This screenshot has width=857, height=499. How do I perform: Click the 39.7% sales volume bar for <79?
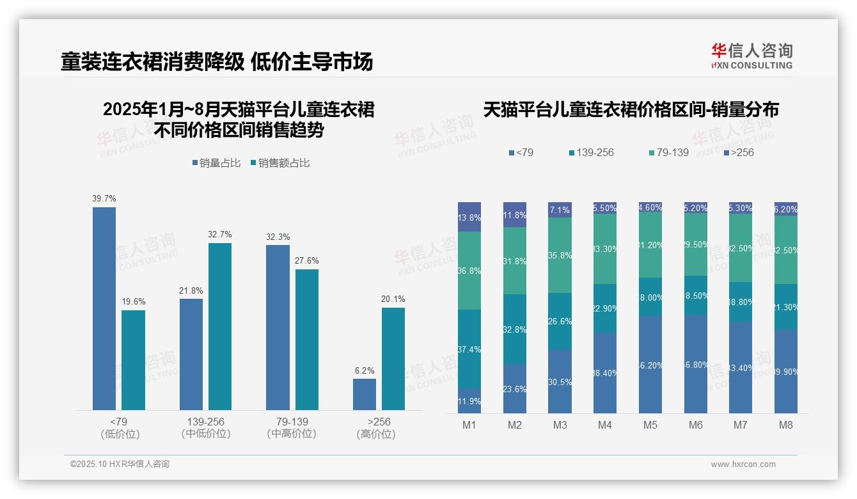(104, 308)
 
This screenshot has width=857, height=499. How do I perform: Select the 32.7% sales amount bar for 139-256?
(220, 326)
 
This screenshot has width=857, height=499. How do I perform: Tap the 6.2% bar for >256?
(365, 394)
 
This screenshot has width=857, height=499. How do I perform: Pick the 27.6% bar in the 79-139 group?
(307, 339)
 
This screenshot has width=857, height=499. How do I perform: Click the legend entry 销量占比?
(216, 163)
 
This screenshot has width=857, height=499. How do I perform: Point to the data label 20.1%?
(393, 299)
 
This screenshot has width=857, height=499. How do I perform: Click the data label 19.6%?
(133, 301)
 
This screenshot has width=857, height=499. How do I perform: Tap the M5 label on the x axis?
(650, 425)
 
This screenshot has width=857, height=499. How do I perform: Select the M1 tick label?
(469, 425)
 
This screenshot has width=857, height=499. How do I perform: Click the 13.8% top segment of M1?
(469, 217)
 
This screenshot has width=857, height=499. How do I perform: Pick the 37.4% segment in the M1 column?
(469, 349)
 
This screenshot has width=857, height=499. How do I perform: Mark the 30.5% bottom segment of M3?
(560, 381)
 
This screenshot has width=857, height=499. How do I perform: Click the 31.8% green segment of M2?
(515, 260)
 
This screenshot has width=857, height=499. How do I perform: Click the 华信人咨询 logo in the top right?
(751, 56)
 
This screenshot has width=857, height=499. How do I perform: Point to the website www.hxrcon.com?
(743, 464)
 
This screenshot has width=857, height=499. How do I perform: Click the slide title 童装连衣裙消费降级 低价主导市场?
(217, 62)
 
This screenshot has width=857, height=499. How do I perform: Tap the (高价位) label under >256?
(375, 434)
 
